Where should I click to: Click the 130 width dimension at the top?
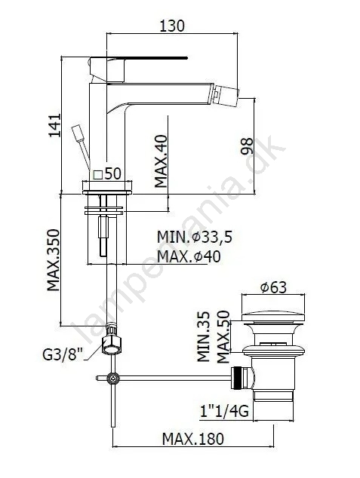pyautogui.click(x=172, y=26)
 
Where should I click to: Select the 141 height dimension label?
pyautogui.click(x=55, y=126)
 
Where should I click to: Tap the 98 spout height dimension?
pyautogui.click(x=248, y=146)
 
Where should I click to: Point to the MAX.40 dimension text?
pyautogui.click(x=161, y=161)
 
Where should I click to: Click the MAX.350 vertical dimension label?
pyautogui.click(x=53, y=260)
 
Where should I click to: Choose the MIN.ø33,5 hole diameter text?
pyautogui.click(x=195, y=237)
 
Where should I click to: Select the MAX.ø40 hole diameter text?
pyautogui.click(x=189, y=256)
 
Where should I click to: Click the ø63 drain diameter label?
pyautogui.click(x=273, y=287)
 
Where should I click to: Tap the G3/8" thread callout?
pyautogui.click(x=63, y=355)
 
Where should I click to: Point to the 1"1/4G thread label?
pyautogui.click(x=224, y=411)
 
